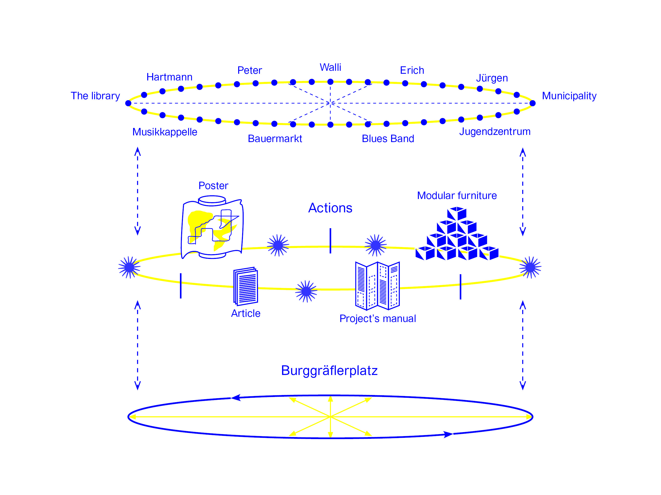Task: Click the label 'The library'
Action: tap(95, 96)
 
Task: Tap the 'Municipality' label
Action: tap(569, 96)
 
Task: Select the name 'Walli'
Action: tap(331, 67)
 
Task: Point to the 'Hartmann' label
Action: tap(170, 77)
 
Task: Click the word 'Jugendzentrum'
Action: tap(495, 132)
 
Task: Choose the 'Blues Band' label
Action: tap(388, 139)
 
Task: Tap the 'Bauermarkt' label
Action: tap(275, 139)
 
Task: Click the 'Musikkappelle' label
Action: tap(165, 132)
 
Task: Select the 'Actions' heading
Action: tap(330, 208)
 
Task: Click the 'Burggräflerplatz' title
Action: tap(329, 371)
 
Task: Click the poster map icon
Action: tap(212, 227)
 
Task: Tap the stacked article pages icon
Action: tap(246, 286)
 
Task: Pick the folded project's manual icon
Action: tap(377, 286)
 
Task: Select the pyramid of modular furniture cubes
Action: tap(457, 234)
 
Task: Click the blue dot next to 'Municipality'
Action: tap(533, 103)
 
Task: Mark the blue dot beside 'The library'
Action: tap(128, 103)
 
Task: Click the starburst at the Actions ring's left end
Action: tap(129, 267)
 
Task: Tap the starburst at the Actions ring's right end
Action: tap(530, 267)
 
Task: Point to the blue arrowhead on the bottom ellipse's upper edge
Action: tap(236, 397)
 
